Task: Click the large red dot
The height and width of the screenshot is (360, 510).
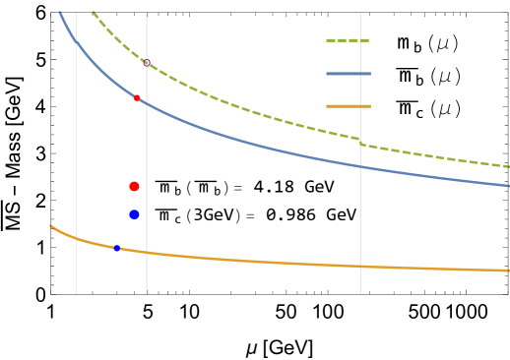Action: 134,186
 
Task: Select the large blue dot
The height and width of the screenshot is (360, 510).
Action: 134,214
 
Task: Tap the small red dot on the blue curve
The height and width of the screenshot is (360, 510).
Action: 137,97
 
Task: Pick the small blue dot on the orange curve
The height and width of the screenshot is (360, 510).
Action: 116,248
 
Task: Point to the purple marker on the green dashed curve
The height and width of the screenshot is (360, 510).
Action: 146,62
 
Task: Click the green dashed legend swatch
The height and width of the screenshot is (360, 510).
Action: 348,40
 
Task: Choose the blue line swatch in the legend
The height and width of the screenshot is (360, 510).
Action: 348,74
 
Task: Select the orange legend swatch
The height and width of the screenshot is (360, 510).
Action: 348,105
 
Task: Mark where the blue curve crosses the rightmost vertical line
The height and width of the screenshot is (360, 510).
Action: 360,166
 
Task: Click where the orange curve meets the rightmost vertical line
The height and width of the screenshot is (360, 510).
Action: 360,266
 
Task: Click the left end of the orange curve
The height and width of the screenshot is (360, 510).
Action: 51,226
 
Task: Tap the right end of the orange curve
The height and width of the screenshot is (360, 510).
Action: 508,270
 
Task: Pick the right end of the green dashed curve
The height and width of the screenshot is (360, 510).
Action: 508,166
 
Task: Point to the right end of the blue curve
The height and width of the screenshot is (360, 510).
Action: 508,185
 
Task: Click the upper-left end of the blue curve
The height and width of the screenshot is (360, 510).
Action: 61,13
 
